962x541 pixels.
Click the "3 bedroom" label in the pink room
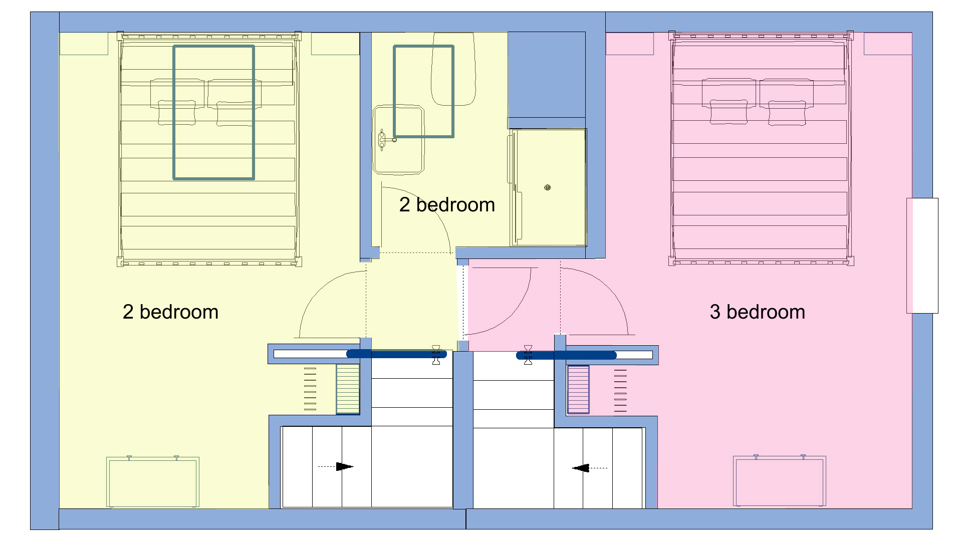[x=757, y=312]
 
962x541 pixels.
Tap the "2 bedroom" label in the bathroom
[x=447, y=205]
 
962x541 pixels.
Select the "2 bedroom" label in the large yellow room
[x=170, y=312]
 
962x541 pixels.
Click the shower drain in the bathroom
[x=548, y=187]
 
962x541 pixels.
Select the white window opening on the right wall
[x=922, y=255]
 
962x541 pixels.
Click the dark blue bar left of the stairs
[x=396, y=354]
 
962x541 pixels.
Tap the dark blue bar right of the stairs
[x=566, y=355]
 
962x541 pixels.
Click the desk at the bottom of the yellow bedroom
[x=153, y=482]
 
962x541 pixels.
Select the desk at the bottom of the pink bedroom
[x=779, y=481]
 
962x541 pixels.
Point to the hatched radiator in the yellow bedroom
[x=348, y=389]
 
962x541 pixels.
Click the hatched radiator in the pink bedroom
[x=578, y=390]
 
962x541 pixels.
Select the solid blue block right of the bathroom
[x=547, y=75]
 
